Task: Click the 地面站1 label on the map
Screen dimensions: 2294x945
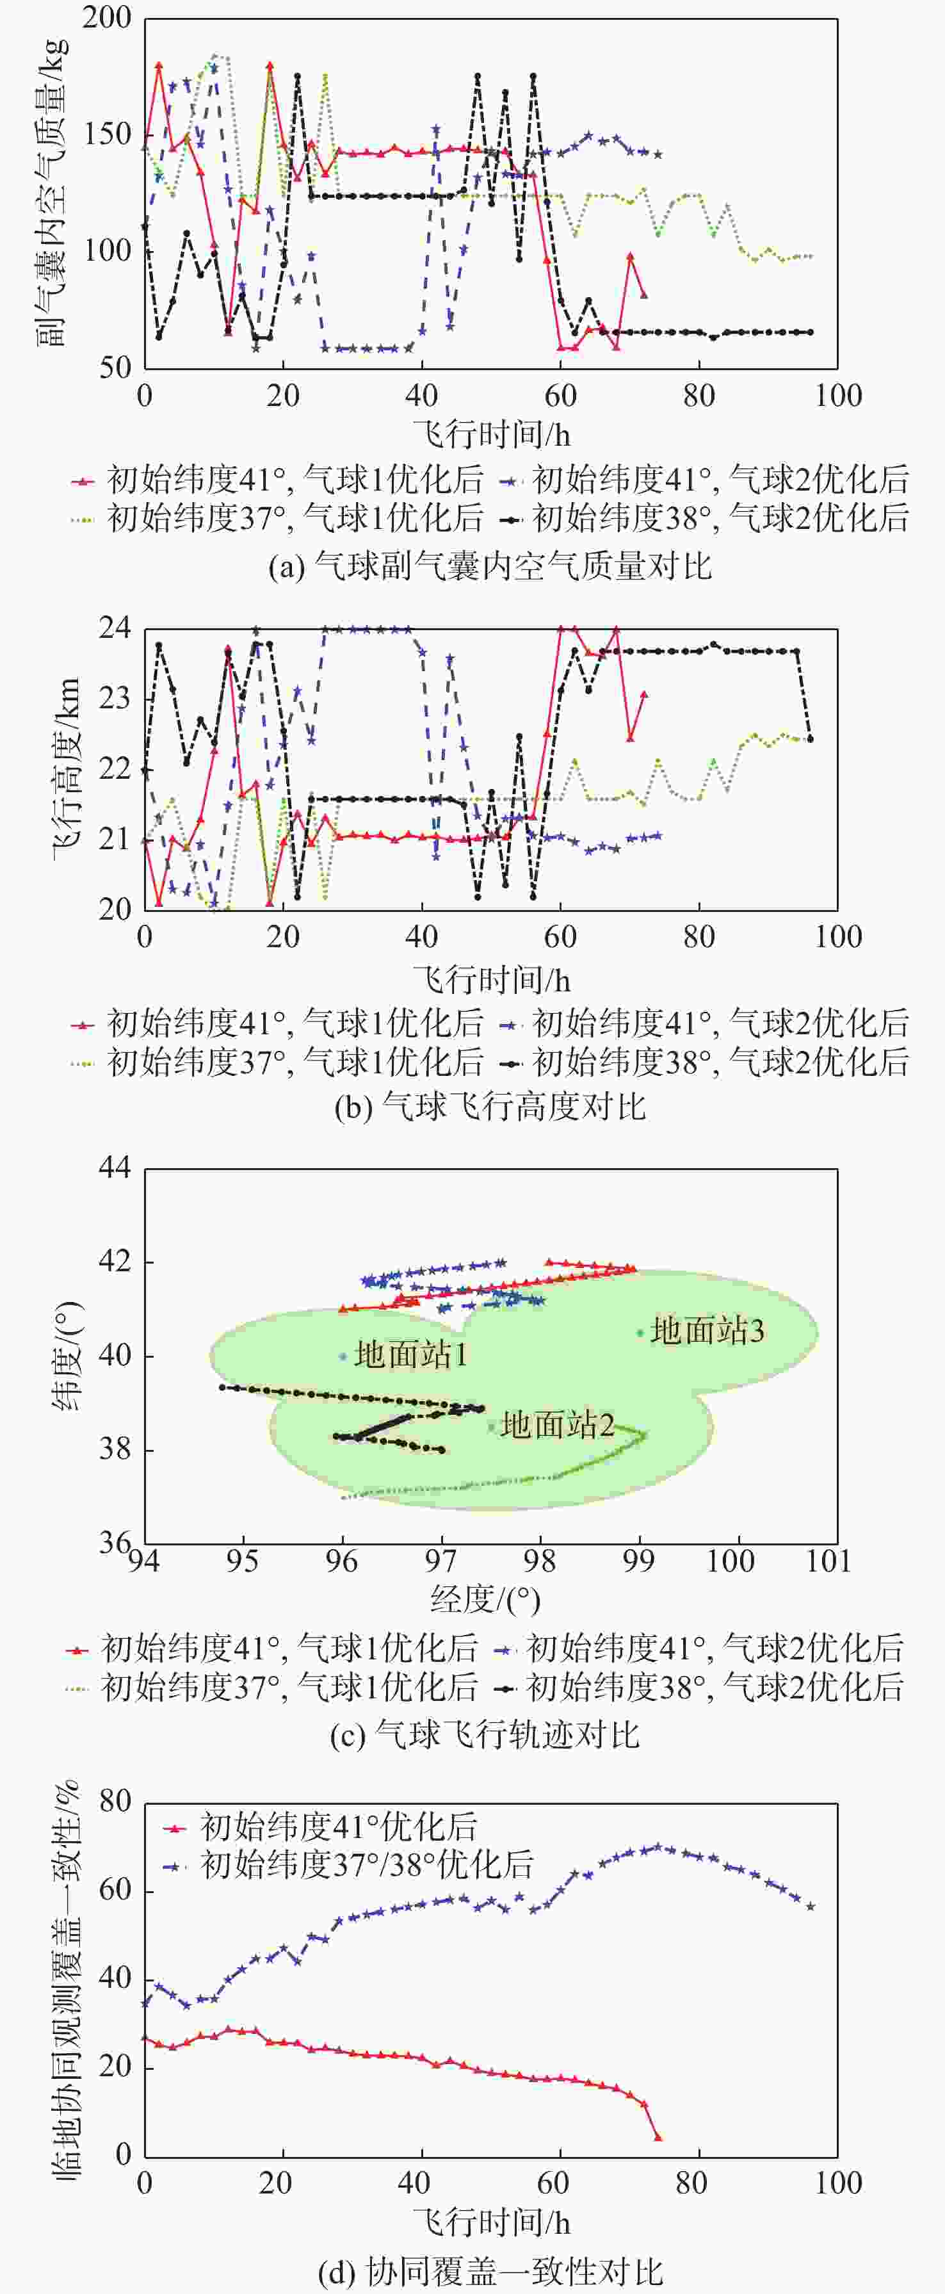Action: pyautogui.click(x=410, y=1355)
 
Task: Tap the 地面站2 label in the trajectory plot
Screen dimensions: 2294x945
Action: pyautogui.click(x=556, y=1425)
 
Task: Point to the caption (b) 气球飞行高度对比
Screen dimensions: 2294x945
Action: pyautogui.click(x=490, y=1107)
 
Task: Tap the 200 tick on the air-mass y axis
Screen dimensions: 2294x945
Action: pyautogui.click(x=106, y=18)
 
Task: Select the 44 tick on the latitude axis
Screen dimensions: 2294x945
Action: pyautogui.click(x=114, y=1167)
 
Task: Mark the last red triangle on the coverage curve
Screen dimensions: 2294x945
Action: pyautogui.click(x=658, y=2137)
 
